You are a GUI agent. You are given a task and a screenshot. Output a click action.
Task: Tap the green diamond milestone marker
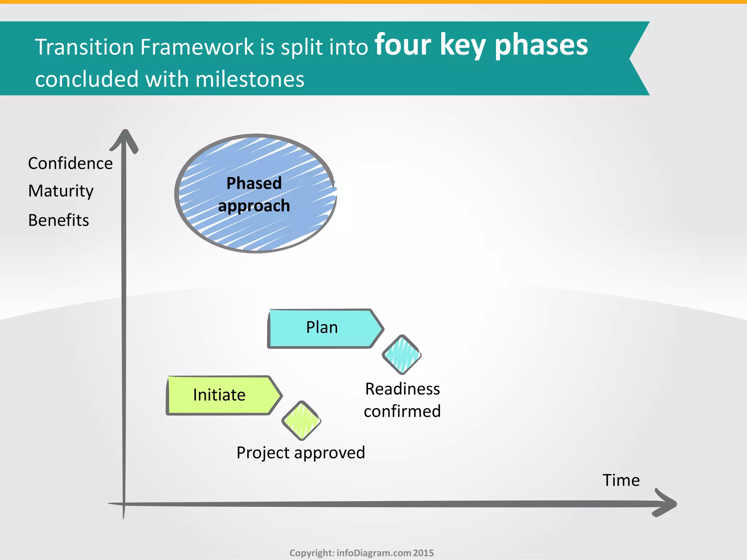click(301, 420)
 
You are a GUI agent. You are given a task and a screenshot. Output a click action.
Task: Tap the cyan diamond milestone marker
click(402, 354)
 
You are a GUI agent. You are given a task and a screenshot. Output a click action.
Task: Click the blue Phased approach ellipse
click(255, 194)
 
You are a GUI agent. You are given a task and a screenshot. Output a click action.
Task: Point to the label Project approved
click(301, 453)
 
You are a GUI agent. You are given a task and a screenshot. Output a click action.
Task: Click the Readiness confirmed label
click(402, 400)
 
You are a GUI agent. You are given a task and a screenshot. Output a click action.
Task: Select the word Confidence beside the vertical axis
click(70, 163)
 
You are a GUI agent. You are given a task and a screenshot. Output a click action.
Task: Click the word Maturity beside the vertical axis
click(61, 191)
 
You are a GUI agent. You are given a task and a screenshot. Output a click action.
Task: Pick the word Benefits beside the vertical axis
click(59, 220)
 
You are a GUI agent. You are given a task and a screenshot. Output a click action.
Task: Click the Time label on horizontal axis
click(621, 480)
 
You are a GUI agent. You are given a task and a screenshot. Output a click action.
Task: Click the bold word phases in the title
click(541, 46)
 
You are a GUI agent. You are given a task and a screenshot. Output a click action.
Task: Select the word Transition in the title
click(84, 47)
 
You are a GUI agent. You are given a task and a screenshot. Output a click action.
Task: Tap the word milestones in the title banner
click(250, 79)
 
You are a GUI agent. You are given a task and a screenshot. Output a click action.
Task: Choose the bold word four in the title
click(403, 45)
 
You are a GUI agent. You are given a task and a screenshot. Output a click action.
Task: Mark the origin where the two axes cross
click(124, 504)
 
